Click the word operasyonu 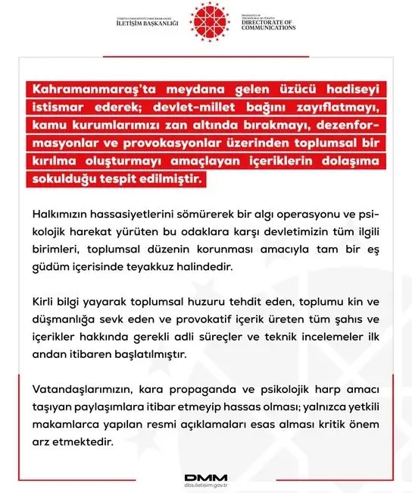[x=294, y=215]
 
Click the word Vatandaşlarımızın [x=86, y=388]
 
